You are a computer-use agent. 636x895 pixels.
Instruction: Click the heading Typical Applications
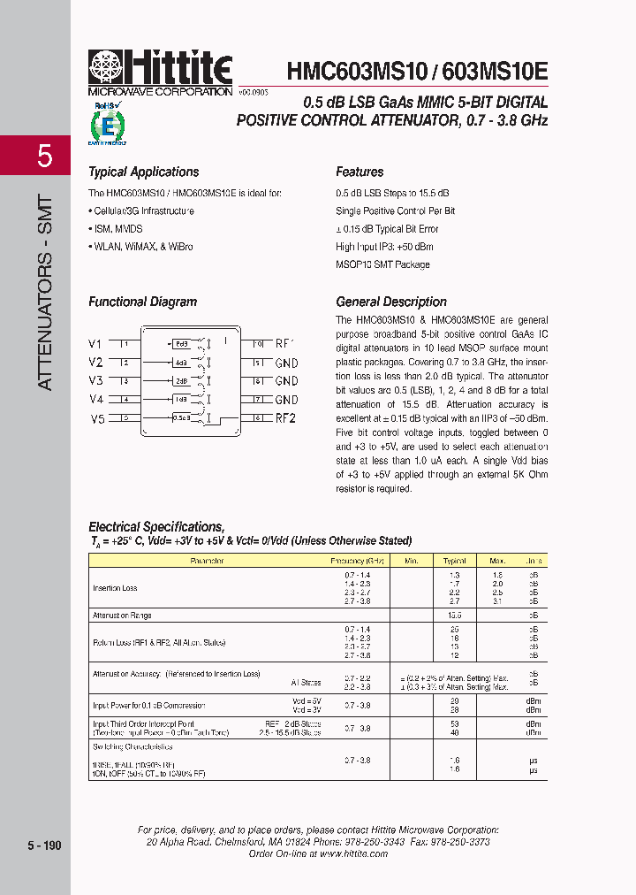point(143,172)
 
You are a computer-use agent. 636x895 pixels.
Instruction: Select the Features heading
point(360,172)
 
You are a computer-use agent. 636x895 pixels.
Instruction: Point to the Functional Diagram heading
point(142,302)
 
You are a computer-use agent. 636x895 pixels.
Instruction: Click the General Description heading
point(391,302)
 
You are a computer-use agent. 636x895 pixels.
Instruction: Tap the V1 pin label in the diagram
point(95,343)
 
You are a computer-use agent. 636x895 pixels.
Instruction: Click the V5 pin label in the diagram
point(96,418)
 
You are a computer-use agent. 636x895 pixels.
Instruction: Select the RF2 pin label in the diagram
point(285,418)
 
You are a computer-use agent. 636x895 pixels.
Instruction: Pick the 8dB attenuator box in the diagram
point(182,343)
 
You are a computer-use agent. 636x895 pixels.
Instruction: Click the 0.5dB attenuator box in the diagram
point(182,417)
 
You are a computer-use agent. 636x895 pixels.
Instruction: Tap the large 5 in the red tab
point(44,157)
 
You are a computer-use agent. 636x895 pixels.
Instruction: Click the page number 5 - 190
point(44,845)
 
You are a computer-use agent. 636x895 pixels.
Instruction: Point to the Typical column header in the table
point(454,561)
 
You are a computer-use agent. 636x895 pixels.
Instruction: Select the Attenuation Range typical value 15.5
point(454,615)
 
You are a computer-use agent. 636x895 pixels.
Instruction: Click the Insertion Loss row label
point(115,588)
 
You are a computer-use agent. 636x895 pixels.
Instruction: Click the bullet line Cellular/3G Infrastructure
point(140,211)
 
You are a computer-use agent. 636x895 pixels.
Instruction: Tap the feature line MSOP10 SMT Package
point(382,264)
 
